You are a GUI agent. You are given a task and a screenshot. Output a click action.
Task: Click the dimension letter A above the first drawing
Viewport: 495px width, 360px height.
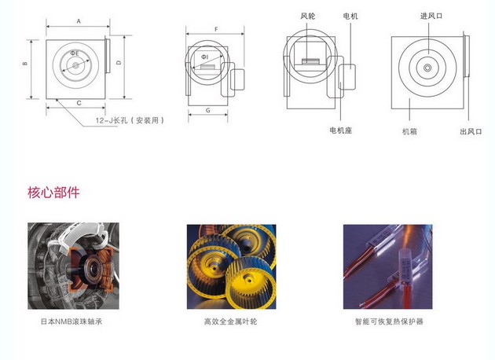pos(79,21)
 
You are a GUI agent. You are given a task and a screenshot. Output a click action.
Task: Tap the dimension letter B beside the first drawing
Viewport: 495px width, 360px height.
pos(25,64)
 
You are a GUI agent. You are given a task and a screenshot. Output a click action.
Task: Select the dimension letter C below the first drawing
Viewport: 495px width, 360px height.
pos(79,103)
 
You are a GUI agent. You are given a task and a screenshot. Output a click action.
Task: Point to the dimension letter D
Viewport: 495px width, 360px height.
pos(119,63)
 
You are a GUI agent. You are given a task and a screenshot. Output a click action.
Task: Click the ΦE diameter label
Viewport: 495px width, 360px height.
pos(75,53)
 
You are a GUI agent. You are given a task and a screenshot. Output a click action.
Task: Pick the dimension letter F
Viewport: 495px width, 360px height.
pos(216,29)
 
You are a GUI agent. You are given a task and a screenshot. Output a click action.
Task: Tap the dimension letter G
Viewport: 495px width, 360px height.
pos(208,110)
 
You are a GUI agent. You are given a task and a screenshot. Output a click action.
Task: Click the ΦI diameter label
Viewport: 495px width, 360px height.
pos(205,57)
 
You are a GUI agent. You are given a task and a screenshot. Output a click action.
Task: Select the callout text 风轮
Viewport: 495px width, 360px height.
pos(308,16)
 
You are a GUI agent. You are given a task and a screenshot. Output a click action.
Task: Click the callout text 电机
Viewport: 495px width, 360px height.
pos(350,16)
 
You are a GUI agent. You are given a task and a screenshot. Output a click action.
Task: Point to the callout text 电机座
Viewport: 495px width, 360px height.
pos(341,130)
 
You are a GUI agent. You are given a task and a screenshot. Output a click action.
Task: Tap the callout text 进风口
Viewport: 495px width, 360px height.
pos(431,16)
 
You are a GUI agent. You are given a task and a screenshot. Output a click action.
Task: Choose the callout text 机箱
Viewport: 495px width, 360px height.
pos(410,131)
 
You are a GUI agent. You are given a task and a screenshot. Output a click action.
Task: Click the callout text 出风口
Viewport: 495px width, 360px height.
pos(471,131)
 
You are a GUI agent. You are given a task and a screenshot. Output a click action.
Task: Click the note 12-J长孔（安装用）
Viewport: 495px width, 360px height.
pos(130,120)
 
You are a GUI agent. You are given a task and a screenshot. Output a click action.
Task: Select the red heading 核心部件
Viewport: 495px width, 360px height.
pos(53,193)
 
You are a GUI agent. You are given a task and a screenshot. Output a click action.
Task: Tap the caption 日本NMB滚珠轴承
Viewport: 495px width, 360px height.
pos(71,321)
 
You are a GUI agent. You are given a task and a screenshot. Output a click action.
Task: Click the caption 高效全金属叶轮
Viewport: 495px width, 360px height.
pos(230,321)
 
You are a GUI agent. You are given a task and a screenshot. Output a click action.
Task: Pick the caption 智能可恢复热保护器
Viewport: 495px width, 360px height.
pos(389,321)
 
